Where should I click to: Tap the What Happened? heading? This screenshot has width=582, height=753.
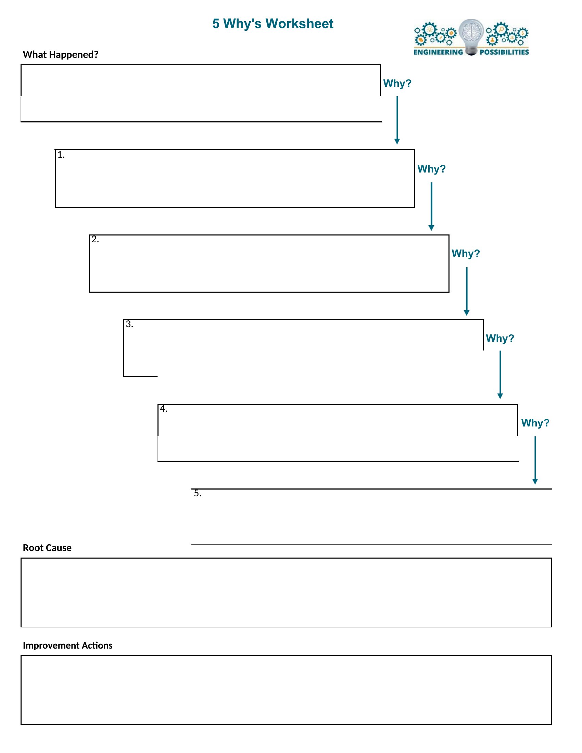pos(61,54)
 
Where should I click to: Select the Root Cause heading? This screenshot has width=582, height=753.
pos(47,548)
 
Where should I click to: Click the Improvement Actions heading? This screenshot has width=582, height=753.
pos(67,645)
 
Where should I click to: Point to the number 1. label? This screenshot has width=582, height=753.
pos(61,155)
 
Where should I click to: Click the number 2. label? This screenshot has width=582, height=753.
pos(95,239)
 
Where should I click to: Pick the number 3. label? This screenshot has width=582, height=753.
pos(129,324)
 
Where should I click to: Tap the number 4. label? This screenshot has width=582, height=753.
pos(164,409)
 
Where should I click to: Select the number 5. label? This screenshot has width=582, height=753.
pos(198,493)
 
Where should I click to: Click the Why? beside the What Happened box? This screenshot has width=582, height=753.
pos(397,84)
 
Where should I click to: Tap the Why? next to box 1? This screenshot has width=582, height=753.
pos(432,169)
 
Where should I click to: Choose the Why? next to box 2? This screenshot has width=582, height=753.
pos(466,253)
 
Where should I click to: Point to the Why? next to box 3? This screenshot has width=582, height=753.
pos(500,338)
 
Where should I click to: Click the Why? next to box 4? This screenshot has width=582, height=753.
pos(535,423)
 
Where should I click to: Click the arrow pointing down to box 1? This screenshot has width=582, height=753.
pos(397,120)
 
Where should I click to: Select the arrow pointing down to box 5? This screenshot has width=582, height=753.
pos(535,460)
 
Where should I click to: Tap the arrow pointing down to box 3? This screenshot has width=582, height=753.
pos(467,291)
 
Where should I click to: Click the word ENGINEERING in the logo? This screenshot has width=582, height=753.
pos(438,52)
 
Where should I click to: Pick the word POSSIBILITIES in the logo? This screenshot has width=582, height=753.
pos(504,52)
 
